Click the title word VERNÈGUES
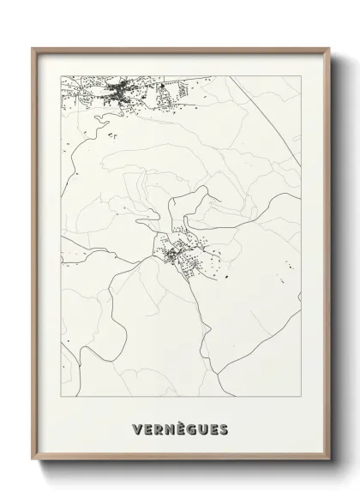click(x=181, y=427)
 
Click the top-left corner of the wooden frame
click(x=33, y=49)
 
